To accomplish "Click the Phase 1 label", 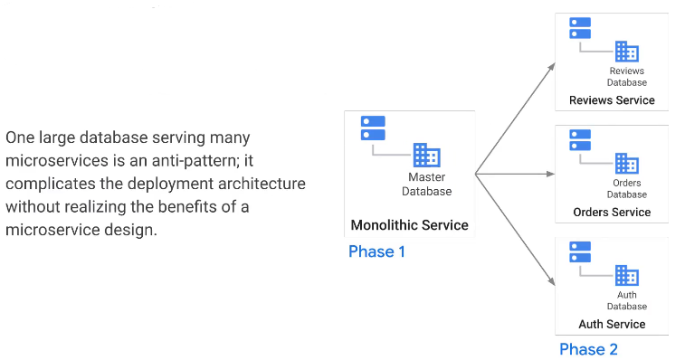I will point(376,251).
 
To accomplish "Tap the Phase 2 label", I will point(588,349).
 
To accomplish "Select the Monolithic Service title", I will point(409,224).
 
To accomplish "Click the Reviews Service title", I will point(612,100).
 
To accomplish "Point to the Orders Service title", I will point(612,212).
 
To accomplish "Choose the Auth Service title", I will point(612,324).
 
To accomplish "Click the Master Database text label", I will point(428,185).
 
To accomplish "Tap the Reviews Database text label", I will point(627,77).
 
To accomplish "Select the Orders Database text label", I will point(627,189).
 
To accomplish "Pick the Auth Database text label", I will point(627,300).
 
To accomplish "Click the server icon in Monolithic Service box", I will point(373,128).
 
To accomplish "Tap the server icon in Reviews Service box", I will point(580,28).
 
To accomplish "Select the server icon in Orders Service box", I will point(580,140).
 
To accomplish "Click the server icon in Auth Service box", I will point(580,251).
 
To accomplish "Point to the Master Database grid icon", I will point(426,156).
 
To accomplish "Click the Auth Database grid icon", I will point(627,275).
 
